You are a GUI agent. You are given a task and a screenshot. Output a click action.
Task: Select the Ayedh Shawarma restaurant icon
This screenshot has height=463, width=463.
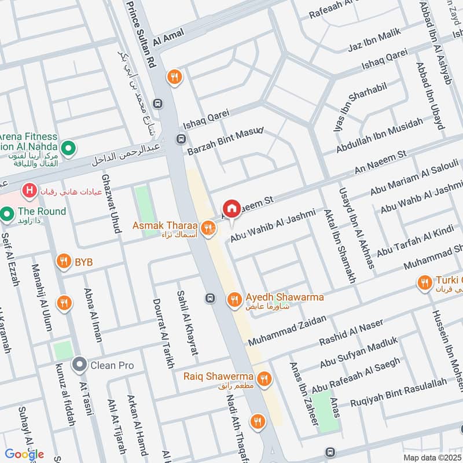pyautogui.click(x=233, y=299)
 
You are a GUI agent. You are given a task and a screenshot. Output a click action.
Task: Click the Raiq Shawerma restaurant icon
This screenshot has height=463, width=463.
pyautogui.click(x=264, y=379)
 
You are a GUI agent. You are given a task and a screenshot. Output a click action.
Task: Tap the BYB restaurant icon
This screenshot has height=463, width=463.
pyautogui.click(x=64, y=262)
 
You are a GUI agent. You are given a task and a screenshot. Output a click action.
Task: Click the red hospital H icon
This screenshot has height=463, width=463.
pyautogui.click(x=27, y=190)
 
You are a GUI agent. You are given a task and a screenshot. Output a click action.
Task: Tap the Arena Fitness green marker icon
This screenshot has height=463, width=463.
pyautogui.click(x=69, y=150)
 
